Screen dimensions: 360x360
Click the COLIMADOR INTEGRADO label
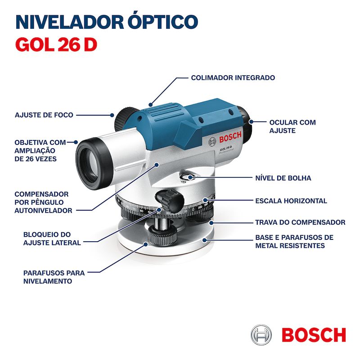[233, 77]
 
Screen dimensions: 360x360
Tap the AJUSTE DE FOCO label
[44, 115]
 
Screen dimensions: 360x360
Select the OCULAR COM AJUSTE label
[292, 126]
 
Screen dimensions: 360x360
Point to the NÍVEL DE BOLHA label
[283, 178]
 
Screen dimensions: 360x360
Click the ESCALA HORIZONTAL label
[291, 201]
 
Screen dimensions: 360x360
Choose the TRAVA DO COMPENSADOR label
[300, 222]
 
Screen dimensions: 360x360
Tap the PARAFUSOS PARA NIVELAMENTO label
[54, 277]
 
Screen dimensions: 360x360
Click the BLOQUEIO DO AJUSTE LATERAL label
[52, 238]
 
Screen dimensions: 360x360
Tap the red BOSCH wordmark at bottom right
[314, 335]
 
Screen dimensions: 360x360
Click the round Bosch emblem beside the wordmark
[261, 335]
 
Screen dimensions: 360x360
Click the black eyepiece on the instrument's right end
[244, 116]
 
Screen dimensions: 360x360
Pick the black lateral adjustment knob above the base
[170, 198]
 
